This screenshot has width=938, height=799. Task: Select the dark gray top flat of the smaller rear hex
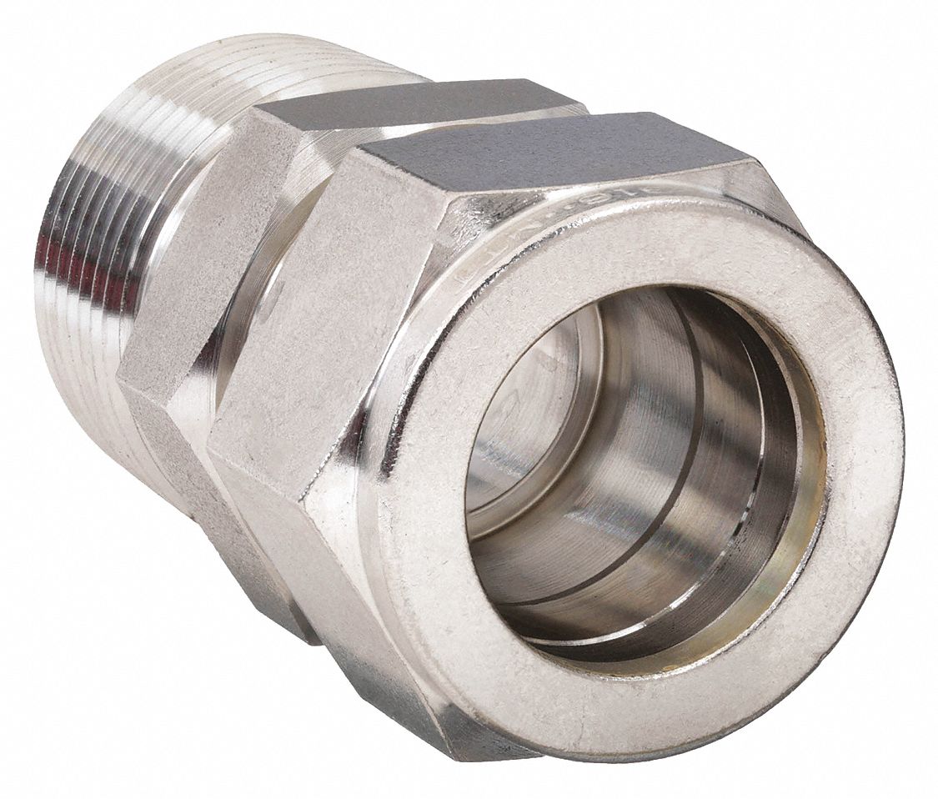pyautogui.click(x=417, y=104)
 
